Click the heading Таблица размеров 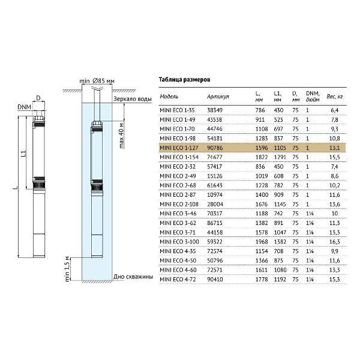[184, 80]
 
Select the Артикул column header [218, 97]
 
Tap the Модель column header [169, 97]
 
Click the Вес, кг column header [335, 97]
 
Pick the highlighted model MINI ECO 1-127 [179, 148]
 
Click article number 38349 [215, 110]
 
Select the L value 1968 [262, 242]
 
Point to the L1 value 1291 [280, 157]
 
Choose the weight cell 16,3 [335, 242]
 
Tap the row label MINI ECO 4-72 [178, 280]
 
